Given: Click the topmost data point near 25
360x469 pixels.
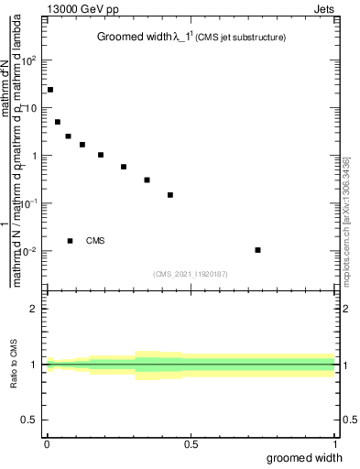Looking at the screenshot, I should (x=50, y=90).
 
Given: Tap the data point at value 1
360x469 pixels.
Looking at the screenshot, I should (x=101, y=155).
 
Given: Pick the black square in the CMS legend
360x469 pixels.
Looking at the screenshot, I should (x=70, y=241).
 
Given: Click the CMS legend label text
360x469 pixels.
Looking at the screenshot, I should (x=95, y=241).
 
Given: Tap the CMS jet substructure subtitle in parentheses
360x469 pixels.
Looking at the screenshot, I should (x=240, y=38).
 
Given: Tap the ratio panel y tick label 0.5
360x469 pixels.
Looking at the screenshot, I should (x=31, y=420).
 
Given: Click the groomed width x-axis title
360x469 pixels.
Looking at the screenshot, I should (x=305, y=457).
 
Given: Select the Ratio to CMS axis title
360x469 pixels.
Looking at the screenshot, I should (x=14, y=364).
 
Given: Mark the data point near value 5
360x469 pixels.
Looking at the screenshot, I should (x=58, y=122).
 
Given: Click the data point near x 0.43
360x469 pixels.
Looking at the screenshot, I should (x=170, y=195).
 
